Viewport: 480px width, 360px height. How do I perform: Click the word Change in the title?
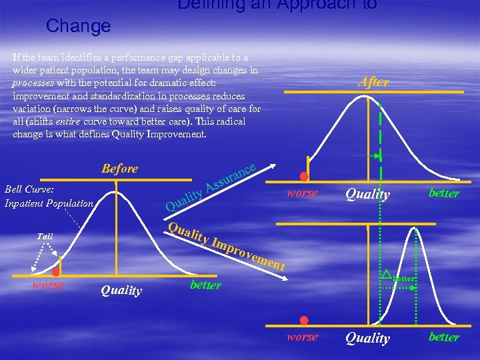tap(78, 27)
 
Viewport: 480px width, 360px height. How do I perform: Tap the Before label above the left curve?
tap(120, 169)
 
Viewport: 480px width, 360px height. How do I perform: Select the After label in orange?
tap(373, 82)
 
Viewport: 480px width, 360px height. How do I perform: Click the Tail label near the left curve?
tap(45, 236)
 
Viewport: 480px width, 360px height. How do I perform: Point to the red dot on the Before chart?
tap(57, 272)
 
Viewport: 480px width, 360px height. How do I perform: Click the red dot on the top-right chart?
tap(304, 177)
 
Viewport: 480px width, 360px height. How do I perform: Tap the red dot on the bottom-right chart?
tap(304, 321)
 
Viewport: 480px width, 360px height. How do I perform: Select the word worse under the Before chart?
tap(48, 285)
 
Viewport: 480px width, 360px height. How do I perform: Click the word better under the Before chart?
tap(205, 285)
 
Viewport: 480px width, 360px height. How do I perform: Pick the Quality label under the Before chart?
tap(121, 290)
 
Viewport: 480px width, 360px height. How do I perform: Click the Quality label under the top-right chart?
tap(367, 195)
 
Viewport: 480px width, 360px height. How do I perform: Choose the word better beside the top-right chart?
tap(443, 193)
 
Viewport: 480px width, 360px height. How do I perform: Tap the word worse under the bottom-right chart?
tap(302, 337)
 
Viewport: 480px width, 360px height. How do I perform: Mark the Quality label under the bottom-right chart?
tap(367, 339)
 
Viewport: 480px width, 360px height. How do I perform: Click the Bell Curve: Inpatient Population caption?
tap(49, 197)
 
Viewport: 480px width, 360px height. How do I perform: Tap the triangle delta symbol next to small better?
tap(385, 273)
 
